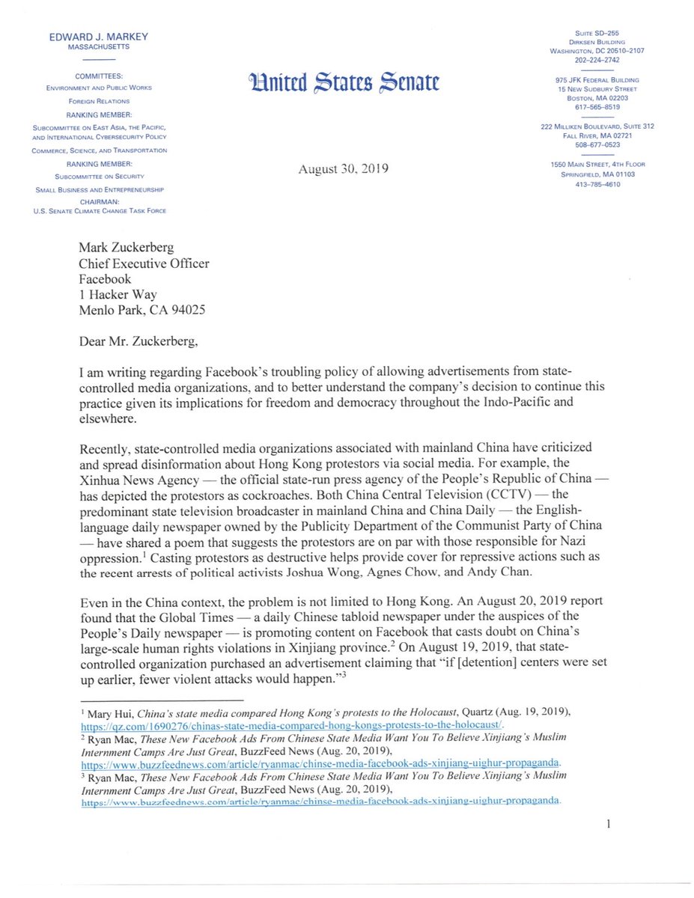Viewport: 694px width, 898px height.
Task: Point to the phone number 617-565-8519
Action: tap(597, 106)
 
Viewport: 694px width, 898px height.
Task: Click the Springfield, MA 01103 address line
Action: tap(597, 174)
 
